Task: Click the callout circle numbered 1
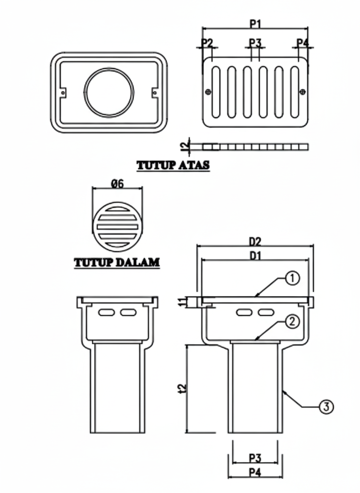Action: click(292, 278)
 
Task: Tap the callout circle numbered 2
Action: click(292, 321)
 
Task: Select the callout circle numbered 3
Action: click(326, 406)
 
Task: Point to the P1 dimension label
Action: click(255, 24)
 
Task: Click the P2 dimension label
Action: click(207, 42)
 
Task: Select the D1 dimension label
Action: click(255, 256)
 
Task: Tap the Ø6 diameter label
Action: click(117, 184)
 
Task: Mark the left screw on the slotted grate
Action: click(208, 92)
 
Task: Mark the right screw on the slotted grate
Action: click(302, 92)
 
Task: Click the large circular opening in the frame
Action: click(109, 92)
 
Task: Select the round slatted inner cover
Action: click(117, 227)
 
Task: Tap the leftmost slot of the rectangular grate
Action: click(216, 92)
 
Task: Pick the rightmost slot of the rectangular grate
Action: click(295, 92)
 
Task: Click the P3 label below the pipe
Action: click(255, 458)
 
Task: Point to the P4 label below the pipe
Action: click(255, 472)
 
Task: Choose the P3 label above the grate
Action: click(255, 42)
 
